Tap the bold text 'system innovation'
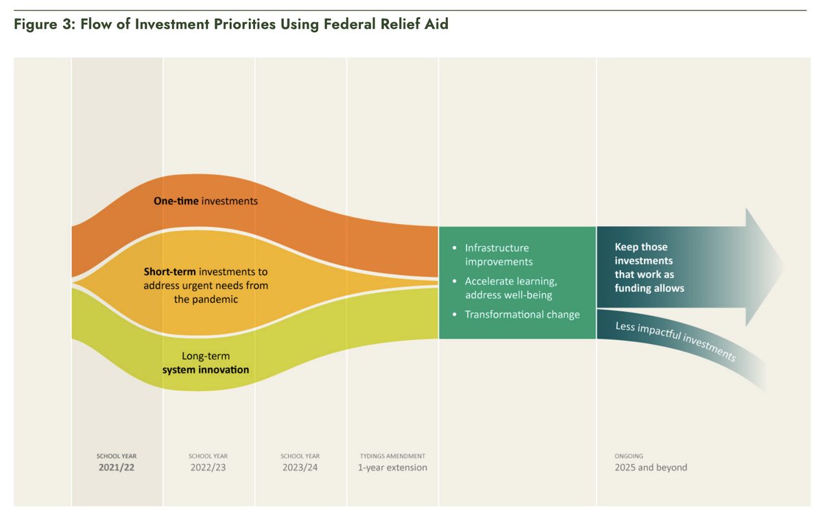pyautogui.click(x=205, y=370)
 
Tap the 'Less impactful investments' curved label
pyautogui.click(x=676, y=341)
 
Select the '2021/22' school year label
pyautogui.click(x=117, y=467)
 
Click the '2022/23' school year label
pyautogui.click(x=208, y=467)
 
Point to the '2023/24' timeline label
pyautogui.click(x=300, y=467)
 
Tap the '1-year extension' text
pyautogui.click(x=392, y=467)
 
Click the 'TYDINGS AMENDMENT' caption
pyautogui.click(x=392, y=456)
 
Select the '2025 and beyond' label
pyautogui.click(x=650, y=467)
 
